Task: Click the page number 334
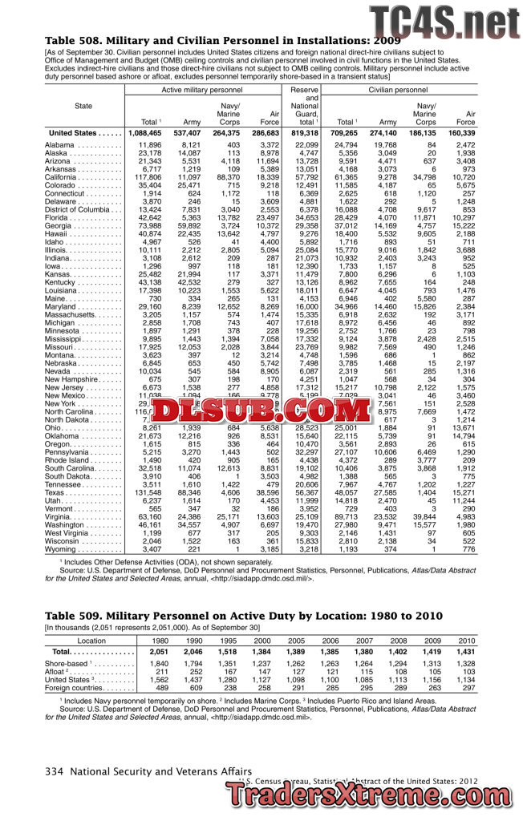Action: tap(54, 771)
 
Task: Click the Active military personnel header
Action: tap(202, 91)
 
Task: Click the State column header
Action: tap(83, 106)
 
